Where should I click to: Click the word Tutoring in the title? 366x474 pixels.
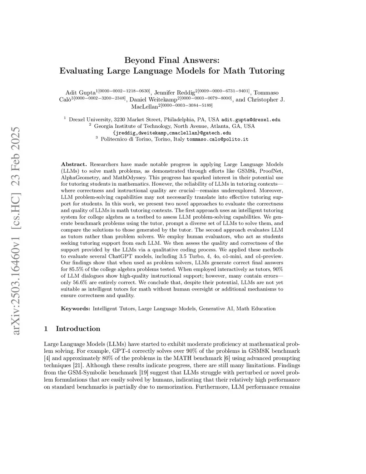point(264,70)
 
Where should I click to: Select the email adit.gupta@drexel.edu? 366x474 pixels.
point(251,119)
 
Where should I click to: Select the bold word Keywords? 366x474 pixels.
point(75,308)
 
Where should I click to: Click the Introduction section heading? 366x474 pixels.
point(78,329)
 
